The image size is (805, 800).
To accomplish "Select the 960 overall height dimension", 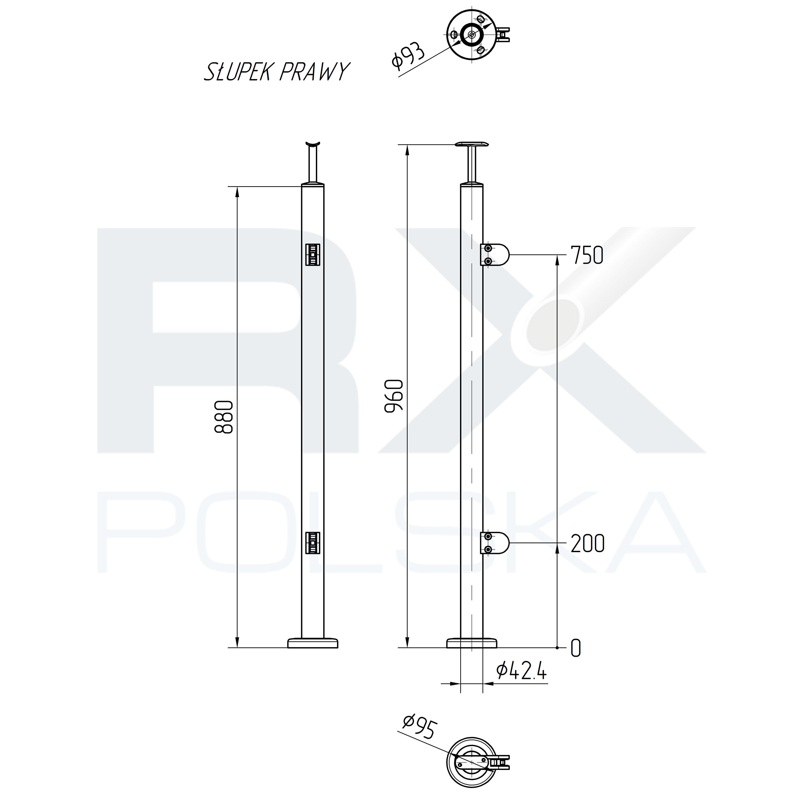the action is pyautogui.click(x=394, y=396).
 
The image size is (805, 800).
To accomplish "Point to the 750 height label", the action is pyautogui.click(x=587, y=255).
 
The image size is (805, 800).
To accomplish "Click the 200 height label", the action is pyautogui.click(x=587, y=543).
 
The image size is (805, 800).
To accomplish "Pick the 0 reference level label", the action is pyautogui.click(x=575, y=648).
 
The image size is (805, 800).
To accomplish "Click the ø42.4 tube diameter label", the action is pyautogui.click(x=521, y=671).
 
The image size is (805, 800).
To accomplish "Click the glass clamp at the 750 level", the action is pyautogui.click(x=495, y=255).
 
